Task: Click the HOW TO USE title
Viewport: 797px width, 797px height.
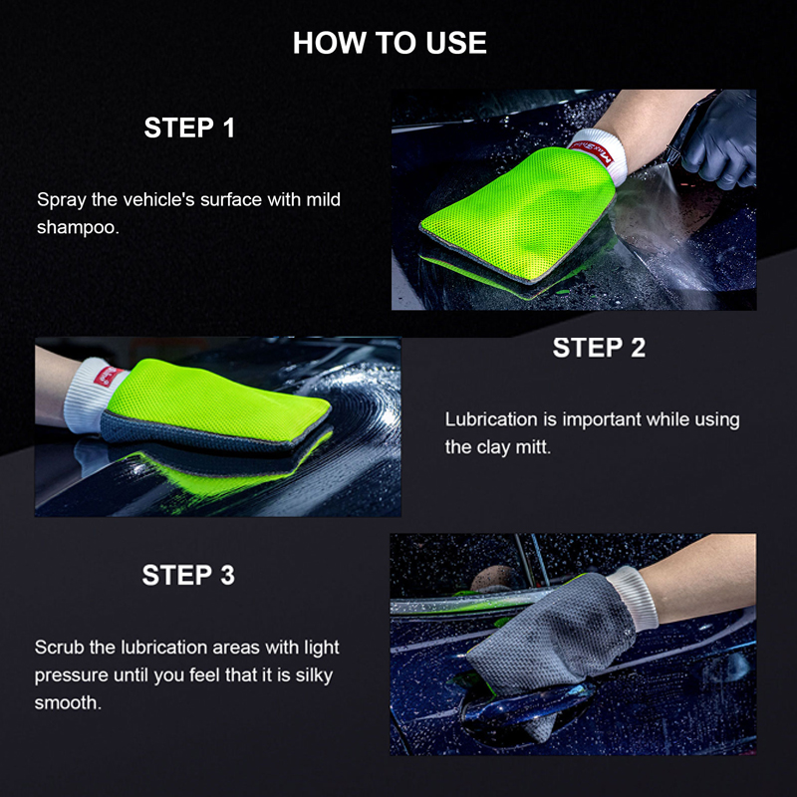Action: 390,43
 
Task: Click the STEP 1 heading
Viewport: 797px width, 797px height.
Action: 189,129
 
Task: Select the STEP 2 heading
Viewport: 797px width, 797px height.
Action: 599,348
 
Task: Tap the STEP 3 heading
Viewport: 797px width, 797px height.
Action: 188,575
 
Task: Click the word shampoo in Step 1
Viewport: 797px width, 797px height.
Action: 78,227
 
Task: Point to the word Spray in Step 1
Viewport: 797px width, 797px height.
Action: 61,199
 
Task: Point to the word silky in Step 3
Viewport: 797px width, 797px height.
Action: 316,675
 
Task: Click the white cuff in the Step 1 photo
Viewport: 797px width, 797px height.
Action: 598,155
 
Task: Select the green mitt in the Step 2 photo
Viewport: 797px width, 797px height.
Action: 229,408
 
